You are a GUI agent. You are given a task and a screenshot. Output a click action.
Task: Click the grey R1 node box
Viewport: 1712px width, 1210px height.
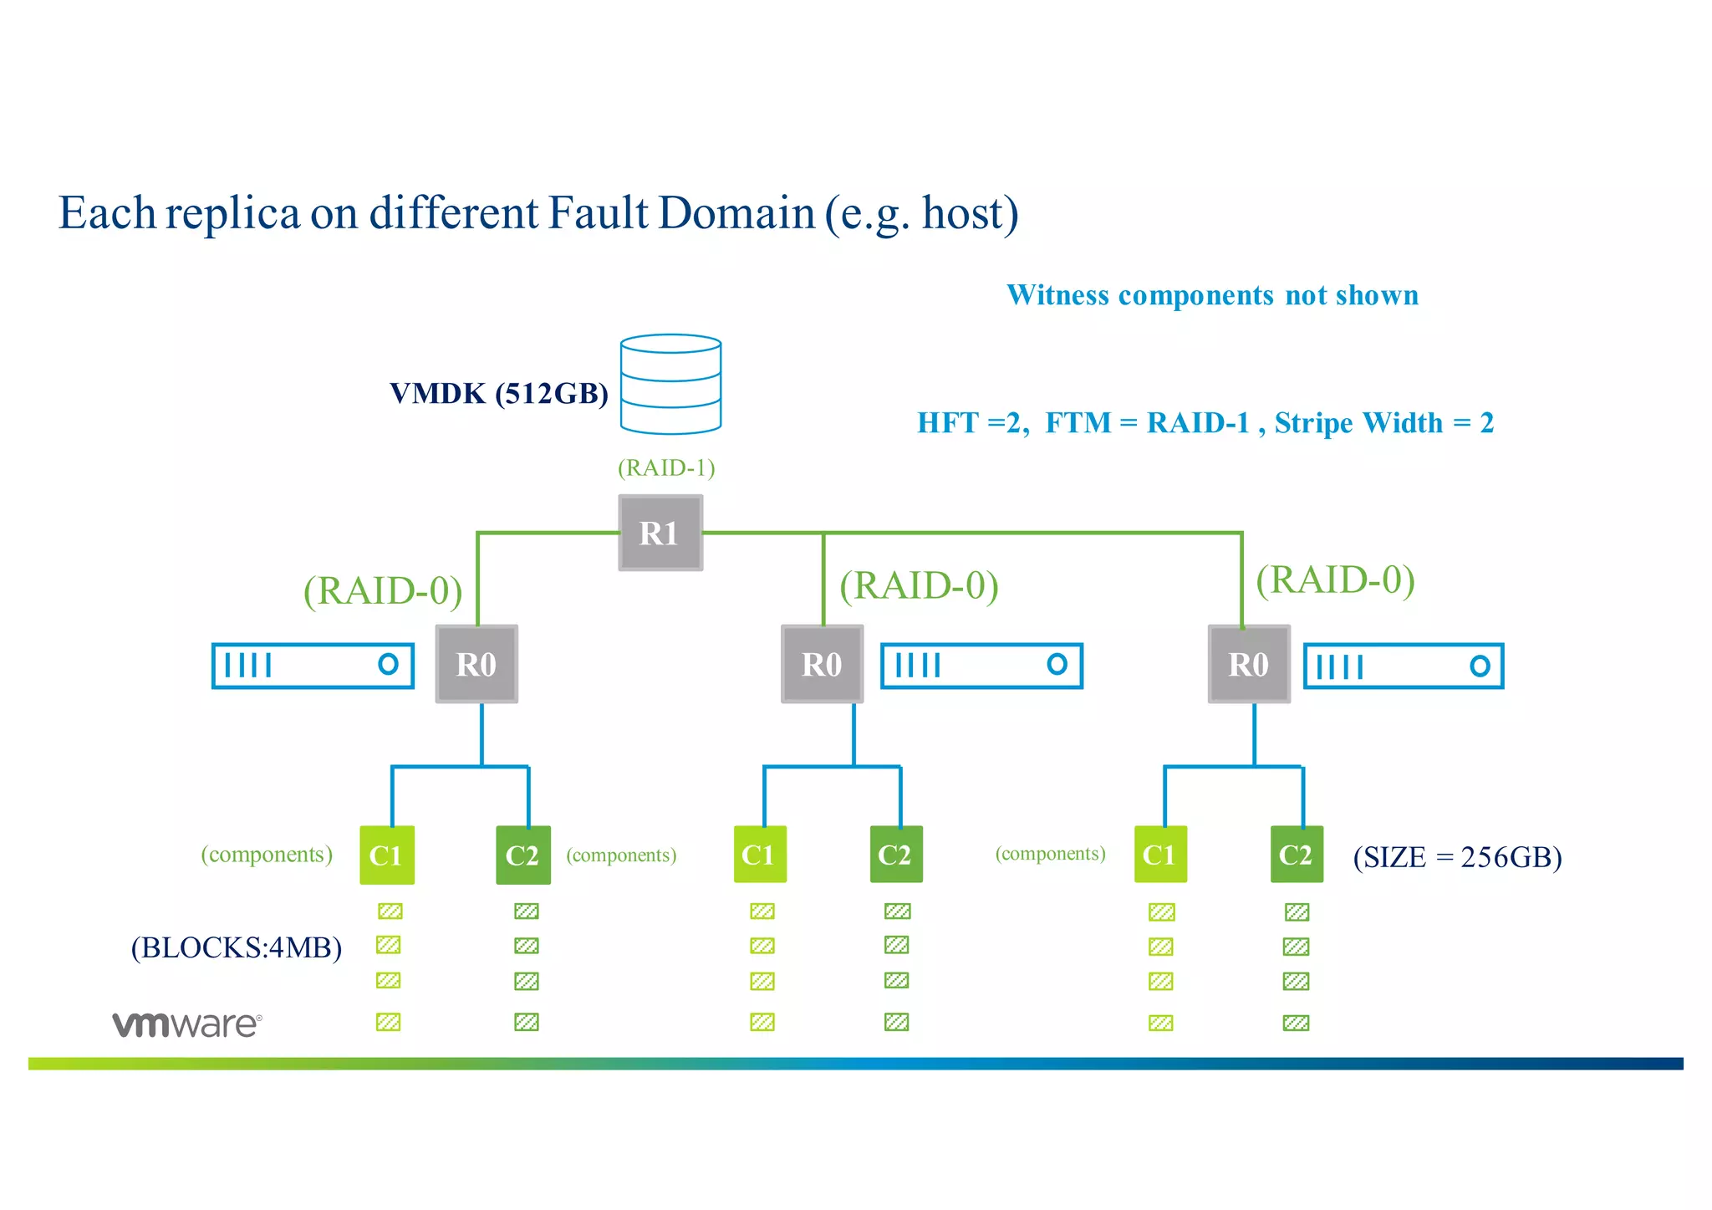click(660, 533)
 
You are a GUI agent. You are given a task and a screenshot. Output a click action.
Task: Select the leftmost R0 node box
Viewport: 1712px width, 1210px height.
click(476, 664)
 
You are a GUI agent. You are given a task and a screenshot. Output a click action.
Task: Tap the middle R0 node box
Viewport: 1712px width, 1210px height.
click(822, 664)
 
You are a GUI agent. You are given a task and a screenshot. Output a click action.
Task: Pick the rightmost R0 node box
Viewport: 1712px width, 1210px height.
click(1249, 664)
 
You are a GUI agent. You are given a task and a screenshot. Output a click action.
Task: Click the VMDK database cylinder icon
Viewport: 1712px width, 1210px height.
click(670, 385)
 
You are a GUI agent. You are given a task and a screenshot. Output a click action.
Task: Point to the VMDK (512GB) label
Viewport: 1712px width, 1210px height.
click(499, 393)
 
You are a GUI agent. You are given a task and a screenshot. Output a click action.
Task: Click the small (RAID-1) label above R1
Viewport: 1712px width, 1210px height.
click(666, 467)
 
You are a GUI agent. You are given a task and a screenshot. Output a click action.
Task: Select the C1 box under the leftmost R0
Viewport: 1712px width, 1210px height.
click(386, 855)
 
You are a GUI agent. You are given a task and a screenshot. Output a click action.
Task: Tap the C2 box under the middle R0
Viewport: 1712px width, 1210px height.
click(895, 854)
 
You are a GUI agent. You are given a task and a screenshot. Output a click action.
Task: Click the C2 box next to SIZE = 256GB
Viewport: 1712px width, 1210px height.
click(1297, 854)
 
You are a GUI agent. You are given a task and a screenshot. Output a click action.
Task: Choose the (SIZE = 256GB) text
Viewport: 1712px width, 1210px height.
click(1457, 857)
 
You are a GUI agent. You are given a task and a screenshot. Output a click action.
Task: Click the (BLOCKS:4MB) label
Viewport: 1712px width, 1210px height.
click(237, 947)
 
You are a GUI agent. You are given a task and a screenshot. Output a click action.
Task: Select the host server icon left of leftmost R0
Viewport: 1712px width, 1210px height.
click(313, 666)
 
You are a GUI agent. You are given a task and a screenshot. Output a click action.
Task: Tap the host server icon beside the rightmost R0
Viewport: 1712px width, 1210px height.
click(1404, 666)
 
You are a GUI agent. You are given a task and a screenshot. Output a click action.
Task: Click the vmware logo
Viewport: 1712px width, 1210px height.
click(187, 1024)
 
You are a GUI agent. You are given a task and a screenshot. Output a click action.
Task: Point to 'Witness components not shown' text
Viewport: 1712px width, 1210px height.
click(1212, 295)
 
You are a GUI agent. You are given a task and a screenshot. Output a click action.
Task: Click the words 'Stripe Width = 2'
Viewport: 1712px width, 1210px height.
click(1383, 423)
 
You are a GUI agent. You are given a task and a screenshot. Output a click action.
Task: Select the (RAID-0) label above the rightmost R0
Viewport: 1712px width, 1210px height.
click(1335, 579)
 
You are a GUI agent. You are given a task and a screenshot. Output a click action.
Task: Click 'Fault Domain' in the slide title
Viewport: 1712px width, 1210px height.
click(680, 212)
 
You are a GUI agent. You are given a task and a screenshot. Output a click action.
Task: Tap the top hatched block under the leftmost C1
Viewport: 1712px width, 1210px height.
click(390, 911)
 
